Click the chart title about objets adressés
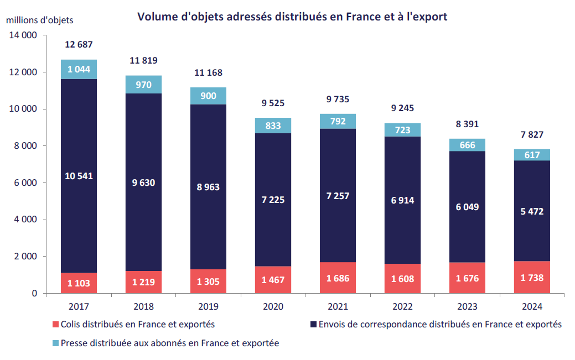292,17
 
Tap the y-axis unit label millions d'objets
39,20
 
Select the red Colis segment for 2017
79,283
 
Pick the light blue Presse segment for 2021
338,121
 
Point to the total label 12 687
79,44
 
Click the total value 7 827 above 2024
532,134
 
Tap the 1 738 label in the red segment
532,278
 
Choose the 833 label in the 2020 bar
273,126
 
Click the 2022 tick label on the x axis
402,306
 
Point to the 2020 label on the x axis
273,306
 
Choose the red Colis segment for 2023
467,278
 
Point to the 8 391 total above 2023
467,124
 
